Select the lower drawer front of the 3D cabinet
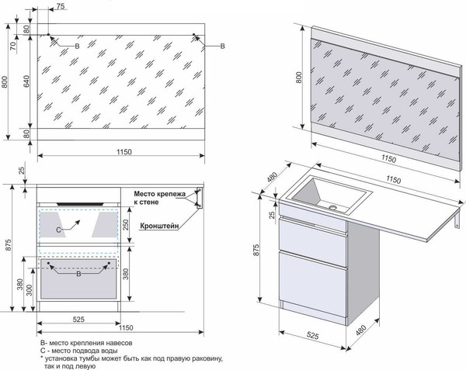tap(308, 280)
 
